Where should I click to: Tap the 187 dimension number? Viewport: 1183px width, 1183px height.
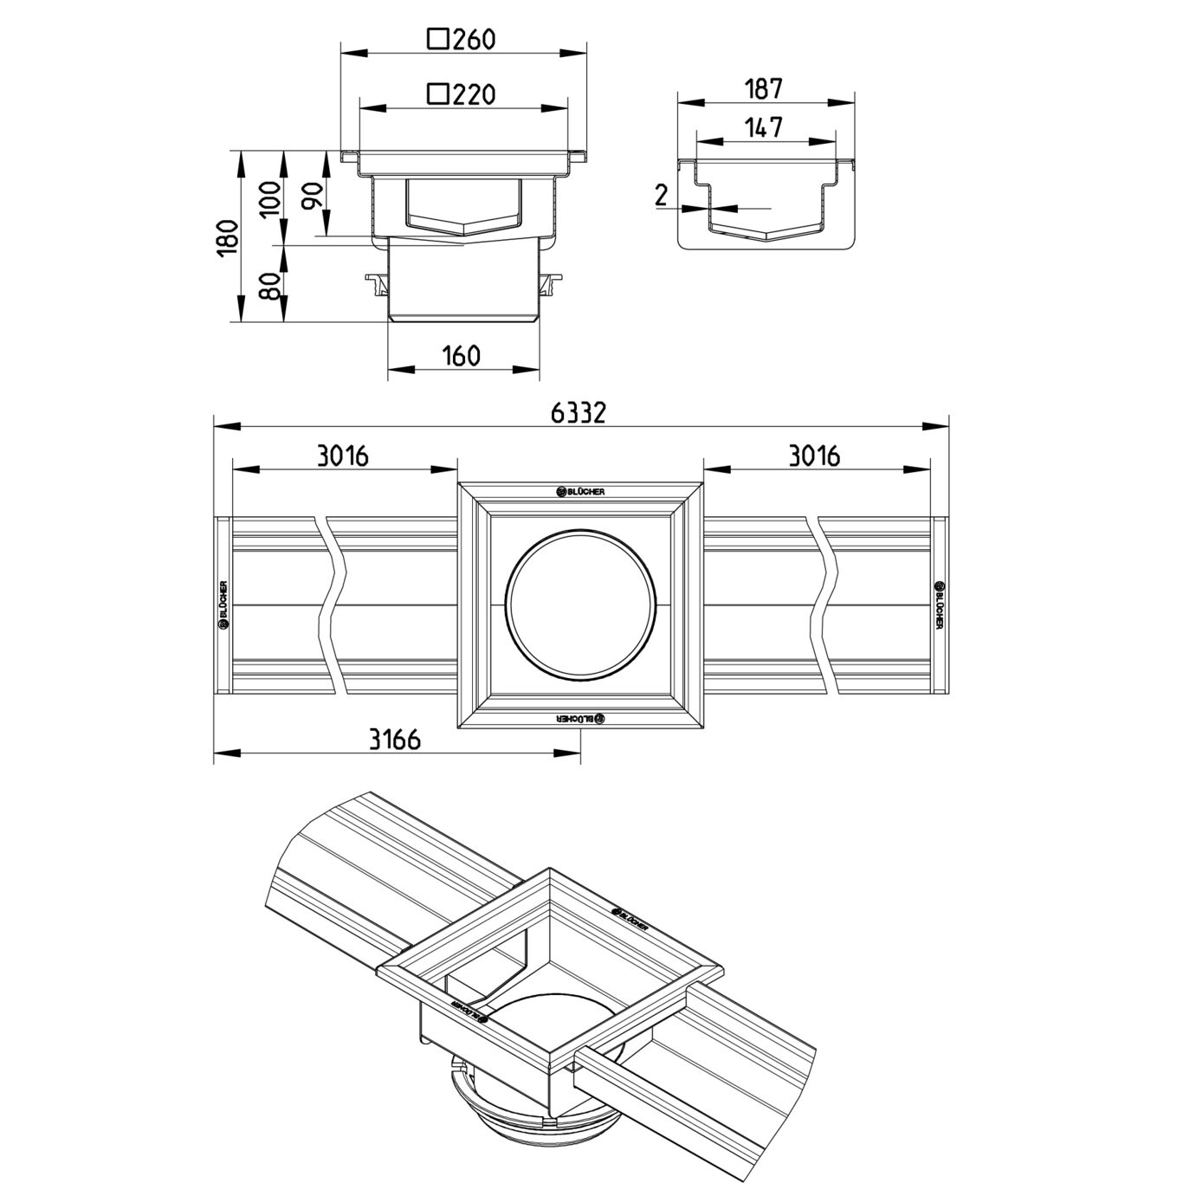[x=765, y=89]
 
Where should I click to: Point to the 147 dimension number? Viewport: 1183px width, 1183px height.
[x=765, y=127]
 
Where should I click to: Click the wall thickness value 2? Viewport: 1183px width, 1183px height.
[x=661, y=196]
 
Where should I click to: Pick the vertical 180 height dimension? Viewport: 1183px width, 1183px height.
[x=227, y=237]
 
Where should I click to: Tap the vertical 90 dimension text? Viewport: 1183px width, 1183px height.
[x=314, y=195]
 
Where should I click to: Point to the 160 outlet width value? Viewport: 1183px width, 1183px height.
[x=462, y=355]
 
